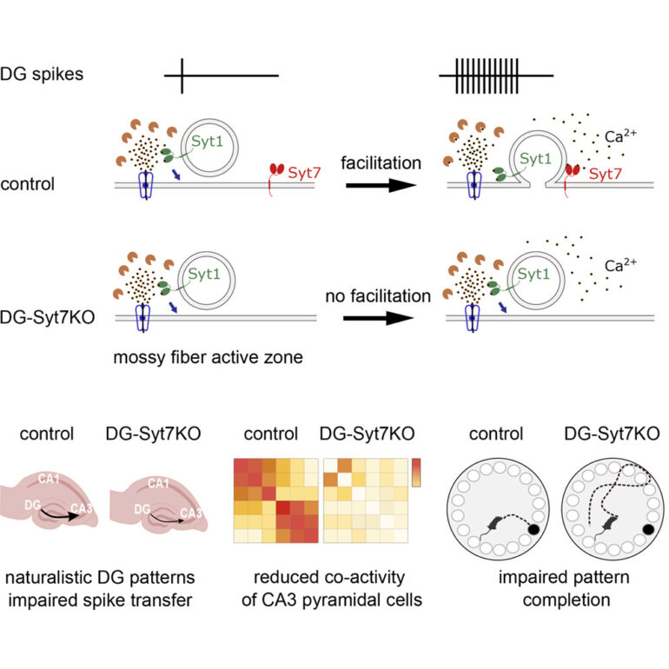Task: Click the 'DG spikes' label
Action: coord(43,74)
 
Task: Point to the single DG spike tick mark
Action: coord(182,75)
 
